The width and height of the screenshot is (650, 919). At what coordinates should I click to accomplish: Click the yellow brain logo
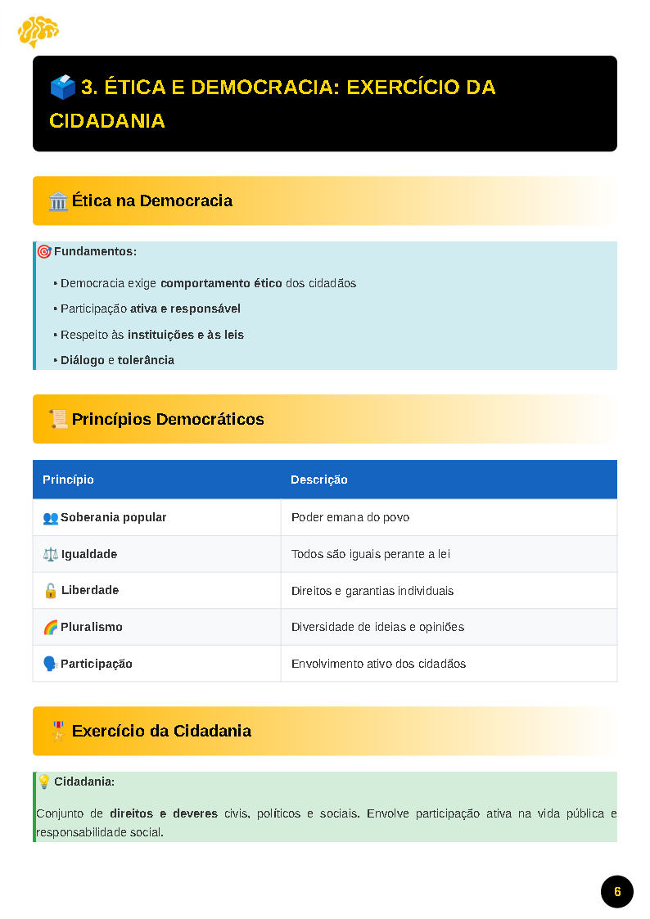click(x=38, y=32)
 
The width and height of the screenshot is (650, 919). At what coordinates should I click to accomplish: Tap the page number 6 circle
click(x=617, y=891)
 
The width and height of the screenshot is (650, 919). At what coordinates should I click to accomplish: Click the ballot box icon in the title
click(x=62, y=87)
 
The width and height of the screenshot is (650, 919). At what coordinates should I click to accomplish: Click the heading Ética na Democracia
click(x=151, y=200)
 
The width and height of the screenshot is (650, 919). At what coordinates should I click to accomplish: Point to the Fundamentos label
click(x=95, y=251)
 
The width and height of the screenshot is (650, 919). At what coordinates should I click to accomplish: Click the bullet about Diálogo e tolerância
click(x=117, y=360)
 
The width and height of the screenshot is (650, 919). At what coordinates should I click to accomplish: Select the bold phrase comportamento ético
click(x=221, y=283)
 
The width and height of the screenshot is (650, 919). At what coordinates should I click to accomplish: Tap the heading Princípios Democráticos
click(x=168, y=419)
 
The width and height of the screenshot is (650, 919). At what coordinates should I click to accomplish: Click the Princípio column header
click(x=69, y=480)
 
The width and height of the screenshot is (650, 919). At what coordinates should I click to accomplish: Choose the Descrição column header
click(x=319, y=480)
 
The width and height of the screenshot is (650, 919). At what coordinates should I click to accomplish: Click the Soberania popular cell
click(x=113, y=517)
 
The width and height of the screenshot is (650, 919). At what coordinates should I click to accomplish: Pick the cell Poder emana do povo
click(x=350, y=517)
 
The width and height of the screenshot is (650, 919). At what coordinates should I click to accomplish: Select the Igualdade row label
click(x=89, y=554)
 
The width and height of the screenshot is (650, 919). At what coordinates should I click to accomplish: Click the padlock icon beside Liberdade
click(x=50, y=591)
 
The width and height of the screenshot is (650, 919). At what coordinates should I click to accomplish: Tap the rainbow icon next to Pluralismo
click(x=50, y=627)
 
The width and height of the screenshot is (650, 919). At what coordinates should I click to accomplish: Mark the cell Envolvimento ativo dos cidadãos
click(x=378, y=664)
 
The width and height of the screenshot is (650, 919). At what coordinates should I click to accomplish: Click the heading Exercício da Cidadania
click(x=161, y=731)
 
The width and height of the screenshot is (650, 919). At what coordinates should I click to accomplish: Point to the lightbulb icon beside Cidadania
click(x=44, y=782)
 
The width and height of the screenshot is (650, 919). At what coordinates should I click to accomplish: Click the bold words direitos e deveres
click(x=164, y=813)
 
